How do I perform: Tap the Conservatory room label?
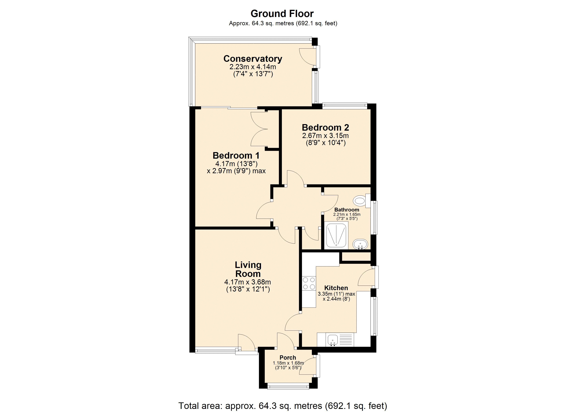[253, 59]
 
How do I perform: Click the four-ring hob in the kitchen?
[309, 284]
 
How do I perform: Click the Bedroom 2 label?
[325, 128]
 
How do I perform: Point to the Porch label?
[288, 358]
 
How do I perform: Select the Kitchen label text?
[336, 288]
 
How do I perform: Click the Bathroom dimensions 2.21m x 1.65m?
[347, 215]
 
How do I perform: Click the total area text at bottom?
[282, 406]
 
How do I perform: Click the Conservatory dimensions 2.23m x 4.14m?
[253, 67]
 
